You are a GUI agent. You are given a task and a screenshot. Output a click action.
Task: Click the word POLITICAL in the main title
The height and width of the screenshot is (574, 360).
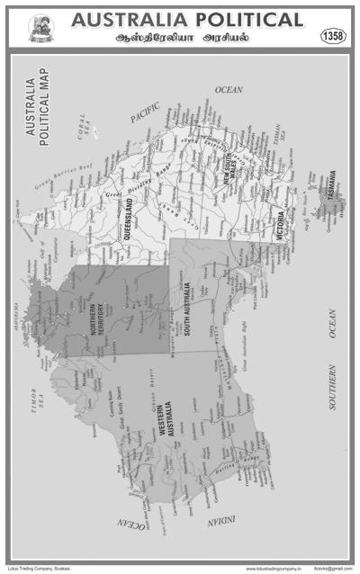[x=243, y=20]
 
